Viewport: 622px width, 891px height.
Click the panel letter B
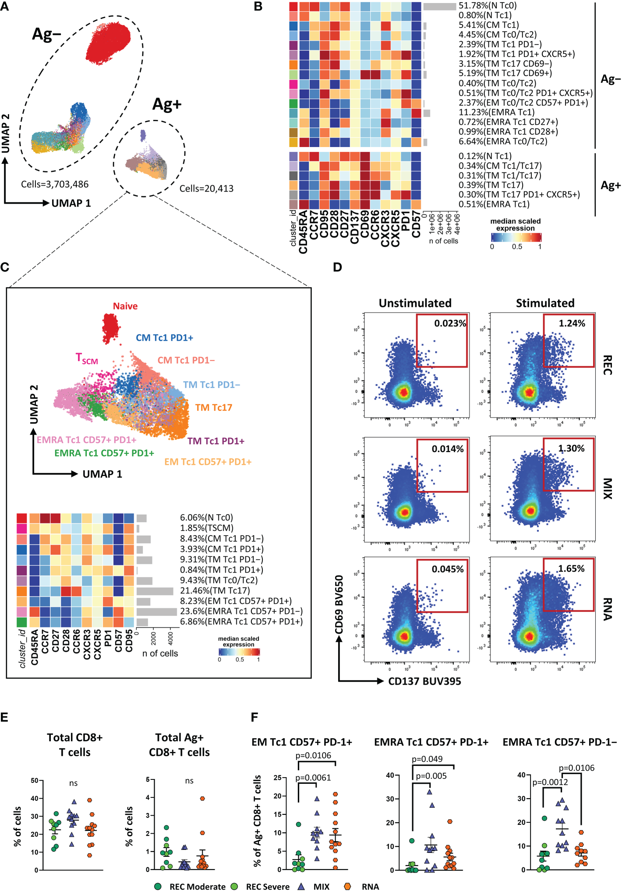(258, 7)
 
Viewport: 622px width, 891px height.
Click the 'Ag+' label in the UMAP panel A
(166, 104)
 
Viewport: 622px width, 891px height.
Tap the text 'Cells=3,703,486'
(55, 184)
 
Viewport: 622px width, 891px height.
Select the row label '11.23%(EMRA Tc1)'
(496, 112)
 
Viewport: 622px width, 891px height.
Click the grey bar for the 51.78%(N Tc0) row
(440, 7)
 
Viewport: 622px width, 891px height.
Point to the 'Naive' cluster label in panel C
(125, 306)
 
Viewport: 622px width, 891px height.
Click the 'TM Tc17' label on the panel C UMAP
(213, 408)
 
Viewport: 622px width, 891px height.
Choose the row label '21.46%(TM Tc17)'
(215, 591)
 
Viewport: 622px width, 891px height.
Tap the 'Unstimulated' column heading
(415, 303)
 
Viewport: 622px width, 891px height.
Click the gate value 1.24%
(572, 323)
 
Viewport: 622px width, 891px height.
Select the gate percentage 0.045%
(447, 569)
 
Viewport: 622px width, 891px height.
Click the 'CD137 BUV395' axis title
(424, 681)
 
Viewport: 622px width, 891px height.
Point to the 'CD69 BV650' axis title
(339, 604)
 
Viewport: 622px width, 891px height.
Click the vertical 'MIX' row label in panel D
(607, 488)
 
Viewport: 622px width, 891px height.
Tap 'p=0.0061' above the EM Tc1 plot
(313, 778)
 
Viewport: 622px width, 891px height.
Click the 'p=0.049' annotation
(427, 759)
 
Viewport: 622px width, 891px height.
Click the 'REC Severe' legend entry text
(268, 887)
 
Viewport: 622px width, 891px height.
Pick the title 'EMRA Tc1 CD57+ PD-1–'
(559, 742)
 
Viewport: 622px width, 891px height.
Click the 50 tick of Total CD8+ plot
(35, 781)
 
